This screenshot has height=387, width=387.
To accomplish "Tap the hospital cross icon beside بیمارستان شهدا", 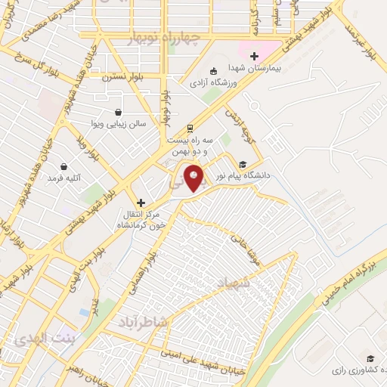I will (x=255, y=56).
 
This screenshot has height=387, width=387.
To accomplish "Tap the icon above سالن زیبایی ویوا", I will (x=118, y=113).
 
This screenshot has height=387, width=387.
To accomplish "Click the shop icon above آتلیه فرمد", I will (x=63, y=166).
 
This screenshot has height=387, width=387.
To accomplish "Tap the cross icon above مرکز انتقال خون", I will (x=141, y=203).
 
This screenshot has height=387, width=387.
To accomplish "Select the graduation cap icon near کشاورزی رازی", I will (x=370, y=358).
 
